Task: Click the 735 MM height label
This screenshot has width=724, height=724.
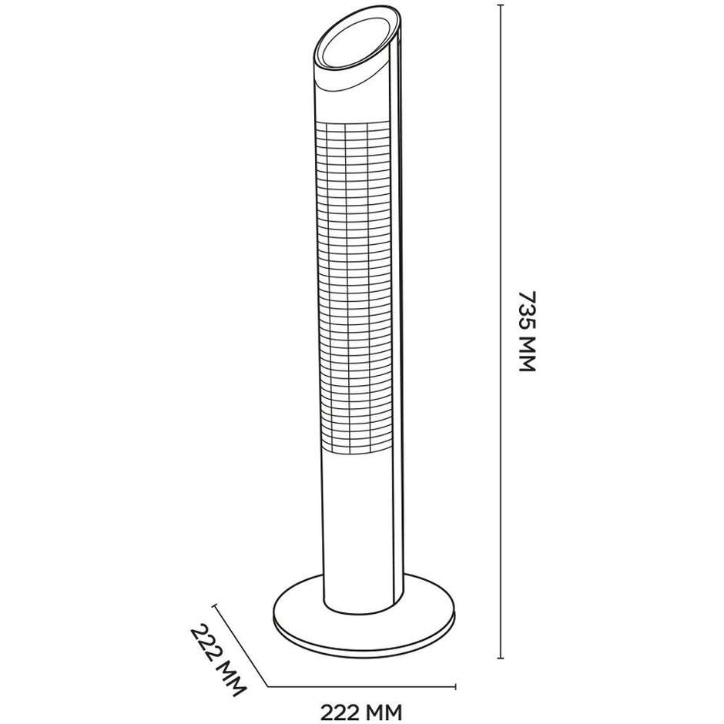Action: pyautogui.click(x=526, y=331)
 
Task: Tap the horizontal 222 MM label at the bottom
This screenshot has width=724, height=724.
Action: pyautogui.click(x=361, y=707)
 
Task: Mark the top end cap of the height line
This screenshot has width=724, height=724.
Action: pyautogui.click(x=501, y=5)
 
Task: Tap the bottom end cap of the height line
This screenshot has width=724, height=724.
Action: pyautogui.click(x=501, y=659)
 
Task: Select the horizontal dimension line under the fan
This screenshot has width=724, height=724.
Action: pyautogui.click(x=362, y=686)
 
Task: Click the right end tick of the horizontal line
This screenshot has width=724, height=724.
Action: pyautogui.click(x=457, y=686)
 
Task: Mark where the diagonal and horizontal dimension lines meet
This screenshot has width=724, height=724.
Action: pyautogui.click(x=267, y=686)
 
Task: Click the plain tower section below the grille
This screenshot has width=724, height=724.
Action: pyautogui.click(x=358, y=524)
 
